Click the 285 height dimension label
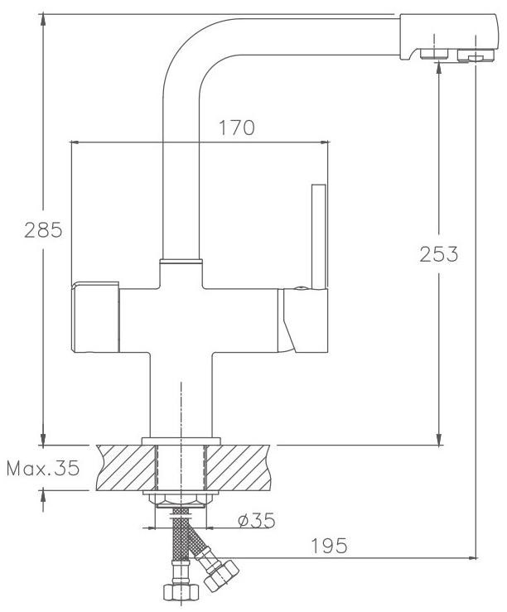point(43,230)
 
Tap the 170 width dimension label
point(237,128)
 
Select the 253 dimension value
point(439,254)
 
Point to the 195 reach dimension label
point(329,546)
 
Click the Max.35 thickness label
point(43,468)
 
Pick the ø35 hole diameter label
point(257,520)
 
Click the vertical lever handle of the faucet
point(318,237)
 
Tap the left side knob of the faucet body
point(95,317)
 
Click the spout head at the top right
point(449,37)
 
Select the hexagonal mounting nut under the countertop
point(181,501)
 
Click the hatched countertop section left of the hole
point(126,467)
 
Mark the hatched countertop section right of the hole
point(238,467)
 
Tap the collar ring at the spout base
point(181,261)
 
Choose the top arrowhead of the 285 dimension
point(43,20)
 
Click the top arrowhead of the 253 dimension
point(439,67)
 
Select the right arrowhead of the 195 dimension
point(472,558)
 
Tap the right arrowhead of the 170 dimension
point(324,142)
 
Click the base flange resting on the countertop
point(181,441)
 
